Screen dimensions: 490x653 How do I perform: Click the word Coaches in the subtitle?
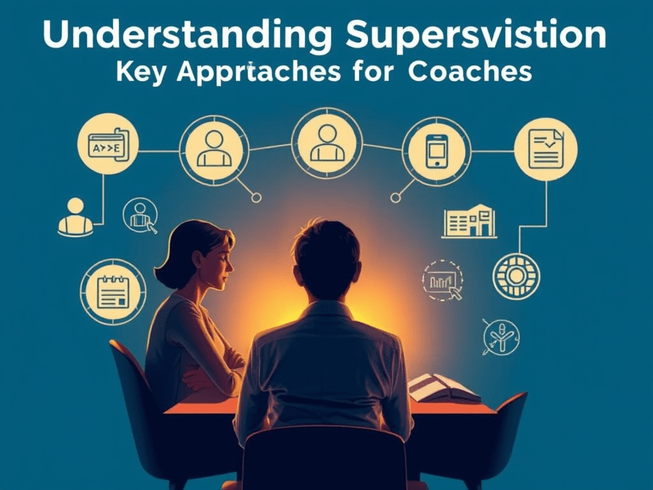(470, 72)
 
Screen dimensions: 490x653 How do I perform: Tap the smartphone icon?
(436, 151)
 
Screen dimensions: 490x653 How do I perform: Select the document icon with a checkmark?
(545, 149)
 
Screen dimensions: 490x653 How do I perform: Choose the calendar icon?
(114, 292)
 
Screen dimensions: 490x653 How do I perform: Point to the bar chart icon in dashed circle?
(442, 280)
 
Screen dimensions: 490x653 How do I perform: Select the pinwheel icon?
(501, 337)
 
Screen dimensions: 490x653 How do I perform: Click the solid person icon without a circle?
(75, 216)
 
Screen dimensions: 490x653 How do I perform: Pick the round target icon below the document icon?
(516, 276)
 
